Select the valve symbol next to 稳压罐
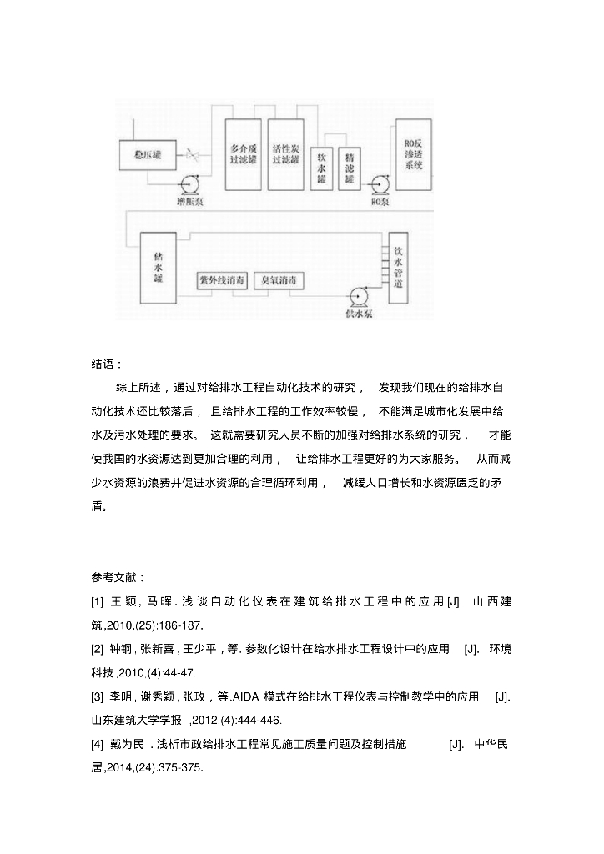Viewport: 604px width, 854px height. pyautogui.click(x=194, y=155)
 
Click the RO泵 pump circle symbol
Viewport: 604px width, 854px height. pyautogui.click(x=381, y=183)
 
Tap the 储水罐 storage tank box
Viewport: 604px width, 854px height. pyautogui.click(x=158, y=266)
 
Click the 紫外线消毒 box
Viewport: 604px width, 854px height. pyautogui.click(x=221, y=280)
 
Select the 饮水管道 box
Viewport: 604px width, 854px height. pyautogui.click(x=398, y=266)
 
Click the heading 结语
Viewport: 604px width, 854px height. pyautogui.click(x=106, y=364)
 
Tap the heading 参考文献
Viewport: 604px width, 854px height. pyautogui.click(x=117, y=577)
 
